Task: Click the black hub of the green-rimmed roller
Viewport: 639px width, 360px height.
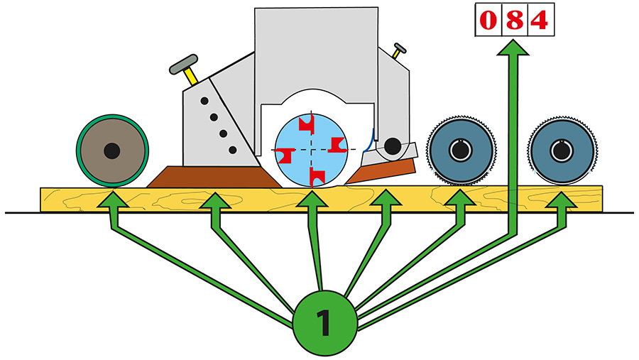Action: (x=111, y=151)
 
